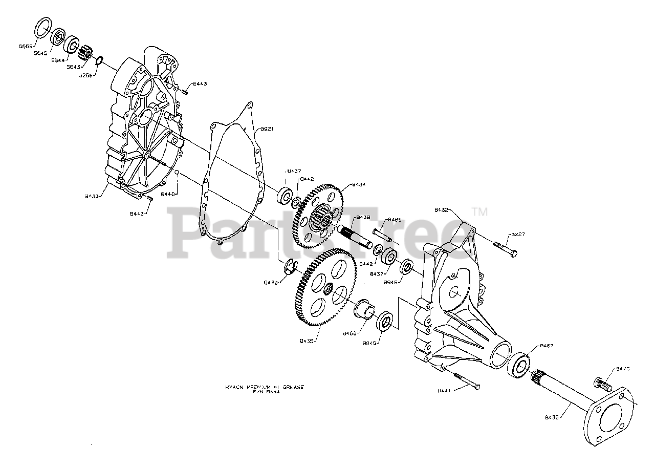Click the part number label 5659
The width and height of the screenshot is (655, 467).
pos(25,46)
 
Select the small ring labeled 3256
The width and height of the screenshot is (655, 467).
pos(100,61)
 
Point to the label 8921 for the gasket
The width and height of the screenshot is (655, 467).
pos(265,129)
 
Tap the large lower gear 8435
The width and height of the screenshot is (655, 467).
pos(325,291)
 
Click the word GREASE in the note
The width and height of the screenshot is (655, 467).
pos(293,387)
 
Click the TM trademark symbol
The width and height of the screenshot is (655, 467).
pos(479,211)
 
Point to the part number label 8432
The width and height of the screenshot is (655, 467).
pos(442,210)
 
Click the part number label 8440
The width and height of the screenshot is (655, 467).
pos(168,194)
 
